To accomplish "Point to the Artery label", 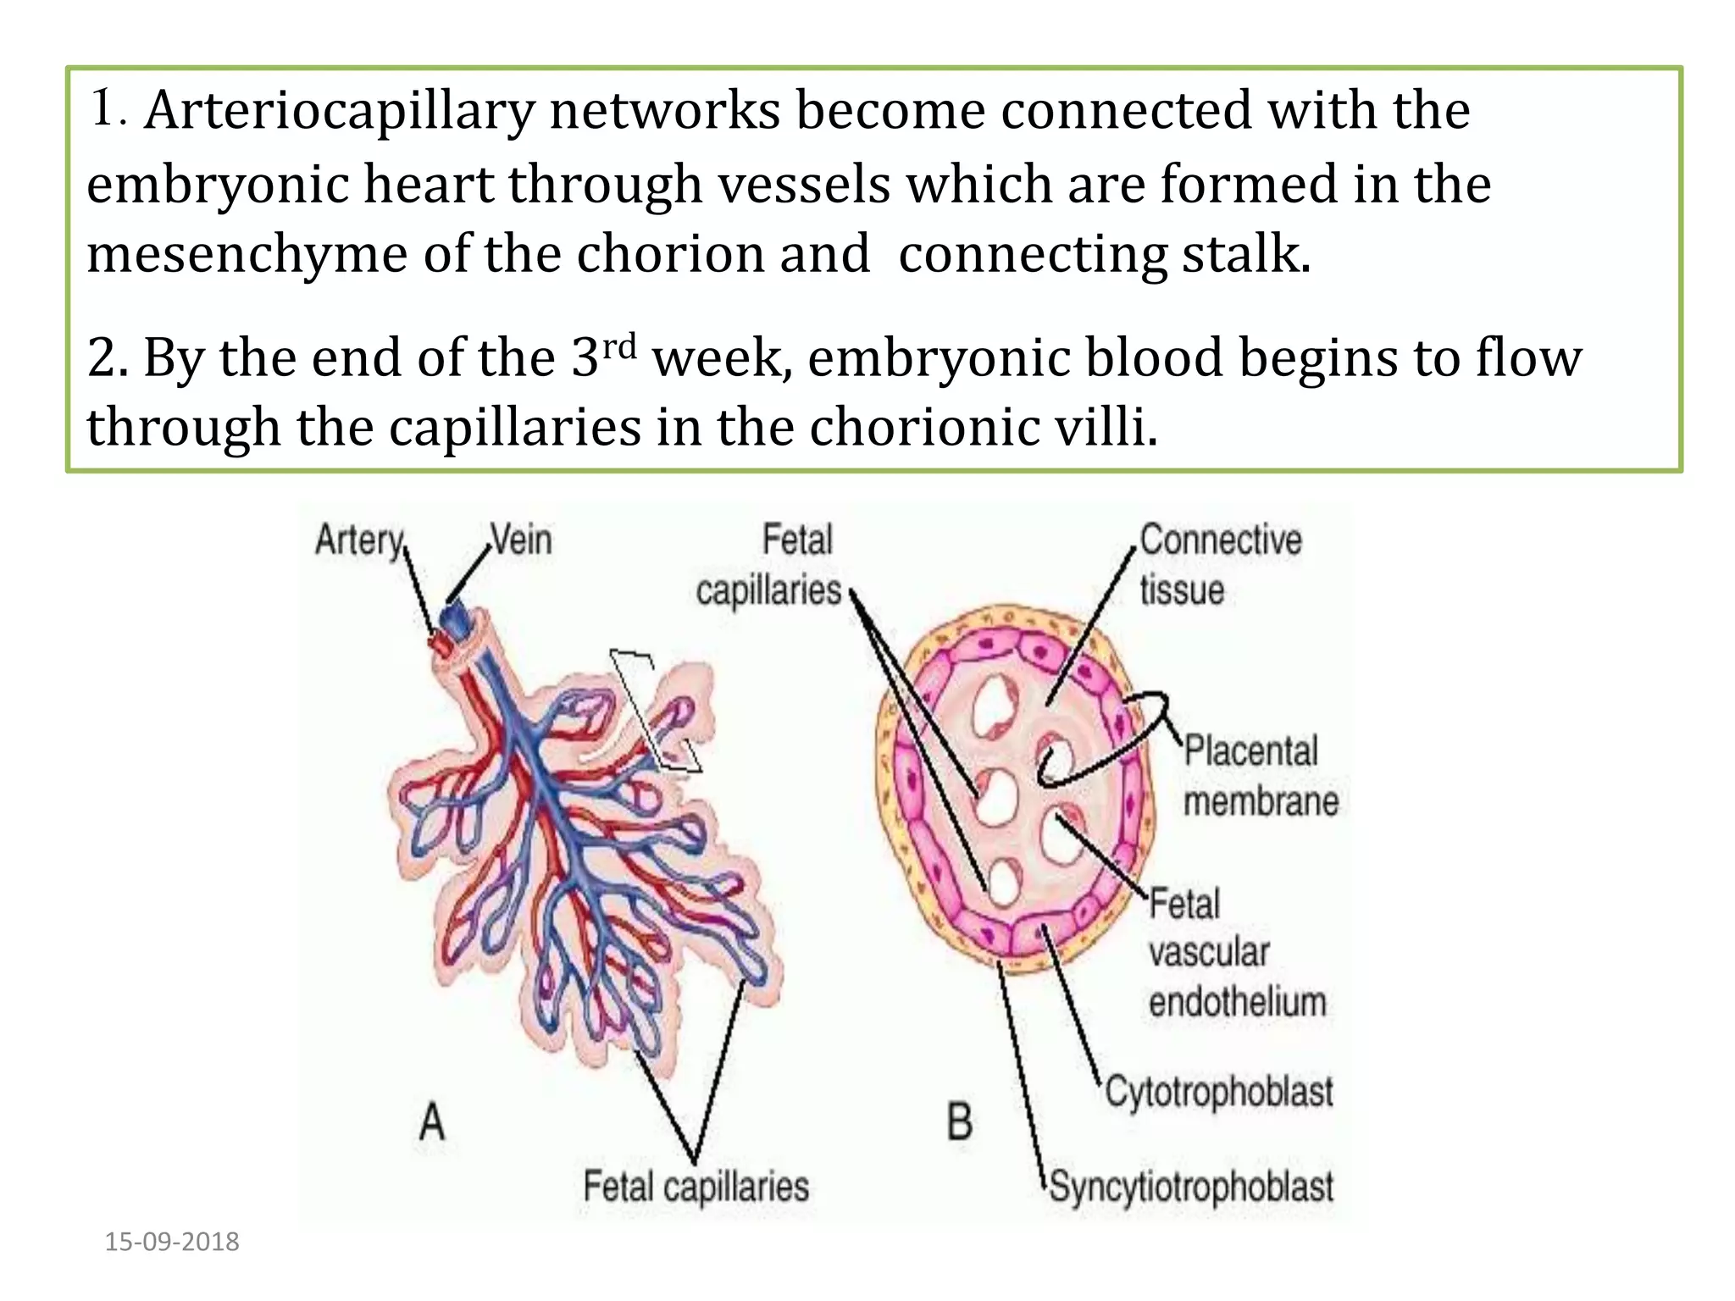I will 359,540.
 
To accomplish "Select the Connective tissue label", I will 1220,564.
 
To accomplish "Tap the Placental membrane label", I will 1259,776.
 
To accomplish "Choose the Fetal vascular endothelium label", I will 1235,953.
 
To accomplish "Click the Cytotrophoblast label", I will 1218,1092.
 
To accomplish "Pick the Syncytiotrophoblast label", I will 1191,1187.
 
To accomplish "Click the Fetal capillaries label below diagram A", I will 696,1187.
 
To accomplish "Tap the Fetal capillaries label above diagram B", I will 769,565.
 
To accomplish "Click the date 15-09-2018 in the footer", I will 172,1242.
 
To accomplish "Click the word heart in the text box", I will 428,185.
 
